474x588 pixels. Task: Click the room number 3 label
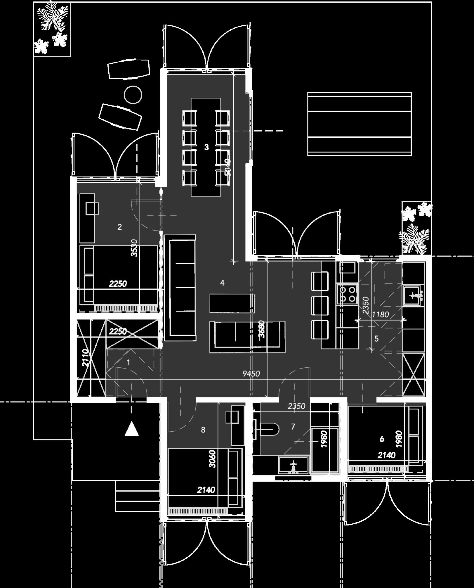pos(206,147)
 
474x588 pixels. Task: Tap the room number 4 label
pos(222,283)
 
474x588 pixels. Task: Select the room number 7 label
pos(293,427)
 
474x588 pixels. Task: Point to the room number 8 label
pos(203,430)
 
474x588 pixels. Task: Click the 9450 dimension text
pos(251,373)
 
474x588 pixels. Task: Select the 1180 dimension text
pos(381,314)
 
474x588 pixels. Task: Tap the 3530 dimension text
pos(134,248)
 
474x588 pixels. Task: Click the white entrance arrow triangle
pos(131,429)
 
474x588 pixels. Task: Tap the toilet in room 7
pos(269,429)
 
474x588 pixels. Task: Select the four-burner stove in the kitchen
pos(348,294)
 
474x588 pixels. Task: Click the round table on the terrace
pos(133,94)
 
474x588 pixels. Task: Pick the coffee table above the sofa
pos(232,303)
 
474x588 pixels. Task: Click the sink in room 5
pos(413,296)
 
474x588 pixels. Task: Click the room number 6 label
pos(382,439)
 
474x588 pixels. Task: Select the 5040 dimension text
pos(228,167)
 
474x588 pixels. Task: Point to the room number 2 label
pos(119,227)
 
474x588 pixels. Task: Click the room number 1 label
pos(129,362)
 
